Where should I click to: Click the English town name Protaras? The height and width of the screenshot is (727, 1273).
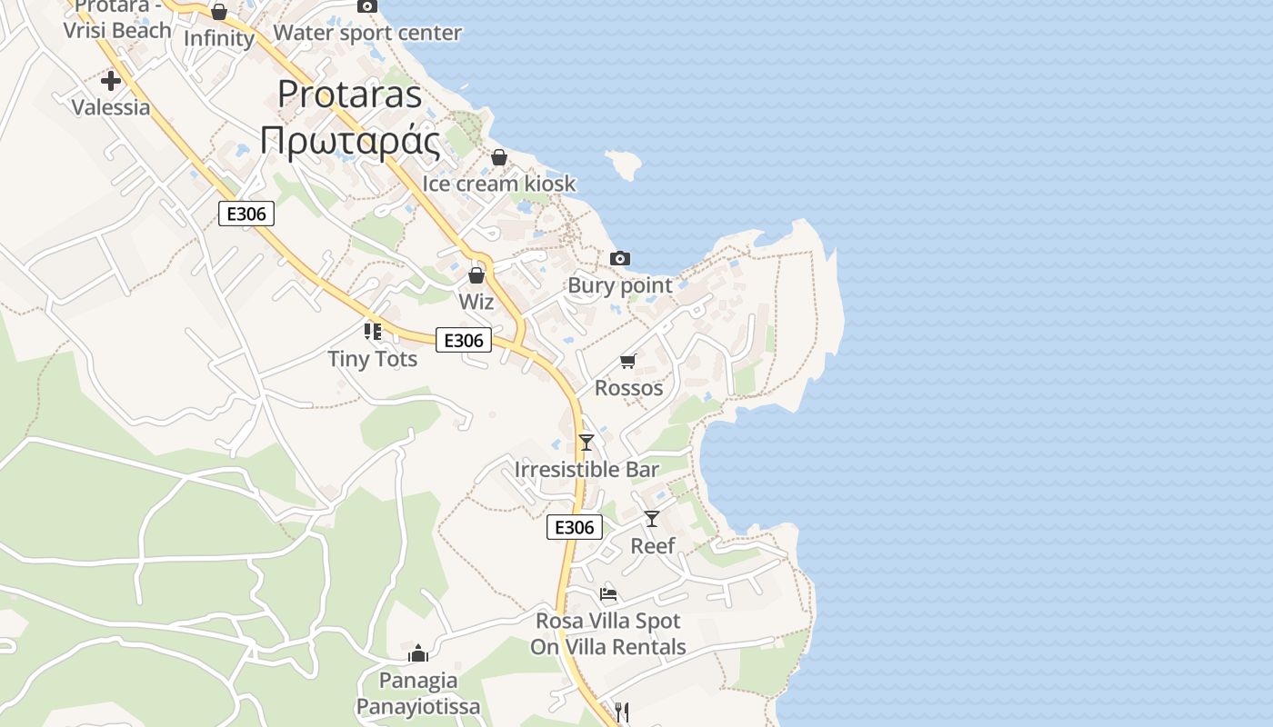[x=350, y=95]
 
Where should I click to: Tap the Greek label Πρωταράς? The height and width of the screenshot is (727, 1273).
[x=350, y=141]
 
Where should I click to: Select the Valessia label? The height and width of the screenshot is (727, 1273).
[x=111, y=107]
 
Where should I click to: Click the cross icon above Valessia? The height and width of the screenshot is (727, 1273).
[x=111, y=81]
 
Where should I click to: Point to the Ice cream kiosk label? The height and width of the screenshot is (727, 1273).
[x=499, y=184]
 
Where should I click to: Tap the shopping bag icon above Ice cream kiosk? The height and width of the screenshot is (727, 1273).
[x=498, y=158]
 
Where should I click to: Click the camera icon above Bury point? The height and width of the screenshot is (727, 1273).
[x=620, y=259]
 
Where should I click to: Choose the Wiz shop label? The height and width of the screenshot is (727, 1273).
[x=476, y=302]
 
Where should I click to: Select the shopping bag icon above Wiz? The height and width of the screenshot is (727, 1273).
[x=476, y=275]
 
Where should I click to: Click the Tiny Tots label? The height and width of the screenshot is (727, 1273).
[x=373, y=359]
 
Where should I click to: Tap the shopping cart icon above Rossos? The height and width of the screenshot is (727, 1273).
[x=628, y=362]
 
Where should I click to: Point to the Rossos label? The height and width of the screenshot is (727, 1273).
[x=628, y=388]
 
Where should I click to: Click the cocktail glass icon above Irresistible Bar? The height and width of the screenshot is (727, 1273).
[x=586, y=443]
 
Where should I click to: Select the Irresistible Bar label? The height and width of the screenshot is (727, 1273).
[x=586, y=470]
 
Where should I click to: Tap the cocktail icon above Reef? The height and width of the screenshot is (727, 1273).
[x=652, y=519]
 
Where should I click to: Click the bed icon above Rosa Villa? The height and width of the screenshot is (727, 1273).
[x=608, y=594]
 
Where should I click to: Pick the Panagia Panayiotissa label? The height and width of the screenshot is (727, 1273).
[x=418, y=693]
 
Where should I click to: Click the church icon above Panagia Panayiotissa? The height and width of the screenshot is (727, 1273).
[x=418, y=653]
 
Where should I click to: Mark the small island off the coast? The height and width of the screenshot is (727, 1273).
[x=625, y=164]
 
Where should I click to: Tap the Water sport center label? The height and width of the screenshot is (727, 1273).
[x=367, y=34]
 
